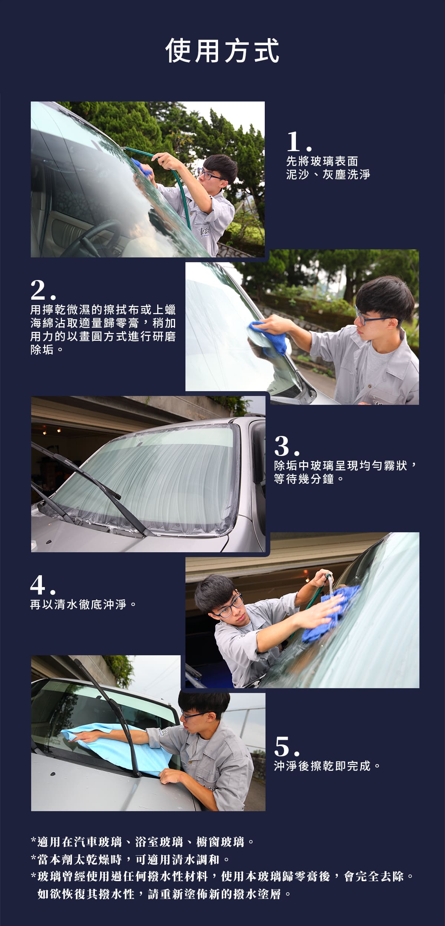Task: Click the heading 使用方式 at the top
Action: coord(222,51)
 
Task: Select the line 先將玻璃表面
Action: coord(322,161)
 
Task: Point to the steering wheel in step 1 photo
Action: coord(93,239)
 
